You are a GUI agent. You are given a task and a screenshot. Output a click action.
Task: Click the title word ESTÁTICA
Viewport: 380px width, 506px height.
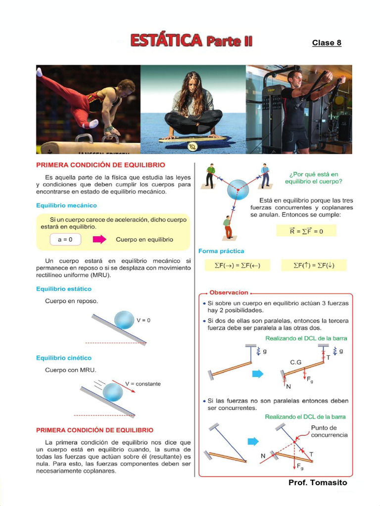click(166, 41)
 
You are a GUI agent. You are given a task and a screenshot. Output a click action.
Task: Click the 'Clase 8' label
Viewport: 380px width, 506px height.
click(327, 42)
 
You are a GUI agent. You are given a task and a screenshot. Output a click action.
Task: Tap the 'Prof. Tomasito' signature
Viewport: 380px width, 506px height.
click(318, 482)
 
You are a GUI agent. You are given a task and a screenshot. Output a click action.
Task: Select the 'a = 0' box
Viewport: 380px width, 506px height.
click(65, 240)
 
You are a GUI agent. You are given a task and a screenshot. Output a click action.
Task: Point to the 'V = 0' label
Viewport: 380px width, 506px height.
click(143, 320)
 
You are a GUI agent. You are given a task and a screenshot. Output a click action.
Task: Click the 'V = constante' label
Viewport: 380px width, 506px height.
click(142, 383)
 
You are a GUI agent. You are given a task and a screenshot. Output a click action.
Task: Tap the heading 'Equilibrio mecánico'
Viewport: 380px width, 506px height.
click(66, 205)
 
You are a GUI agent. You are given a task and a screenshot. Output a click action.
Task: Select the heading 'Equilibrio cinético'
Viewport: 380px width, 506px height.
click(64, 358)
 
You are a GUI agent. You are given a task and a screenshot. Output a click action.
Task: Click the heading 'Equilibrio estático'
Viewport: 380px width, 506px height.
click(64, 289)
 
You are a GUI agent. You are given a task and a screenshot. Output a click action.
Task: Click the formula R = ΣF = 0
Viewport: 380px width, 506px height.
click(306, 231)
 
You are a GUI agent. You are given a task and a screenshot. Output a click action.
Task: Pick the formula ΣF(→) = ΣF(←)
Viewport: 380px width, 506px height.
click(237, 265)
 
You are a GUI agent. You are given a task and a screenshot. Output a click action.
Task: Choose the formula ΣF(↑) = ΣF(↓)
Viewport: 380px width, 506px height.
click(314, 265)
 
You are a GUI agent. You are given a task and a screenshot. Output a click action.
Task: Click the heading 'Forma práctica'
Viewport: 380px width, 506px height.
click(221, 251)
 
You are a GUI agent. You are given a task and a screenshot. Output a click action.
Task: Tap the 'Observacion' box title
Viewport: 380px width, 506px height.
click(229, 293)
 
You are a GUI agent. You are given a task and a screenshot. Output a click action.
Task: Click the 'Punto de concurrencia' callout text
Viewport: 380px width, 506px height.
click(329, 431)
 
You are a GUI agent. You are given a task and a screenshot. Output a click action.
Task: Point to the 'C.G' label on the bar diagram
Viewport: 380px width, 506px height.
click(296, 362)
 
